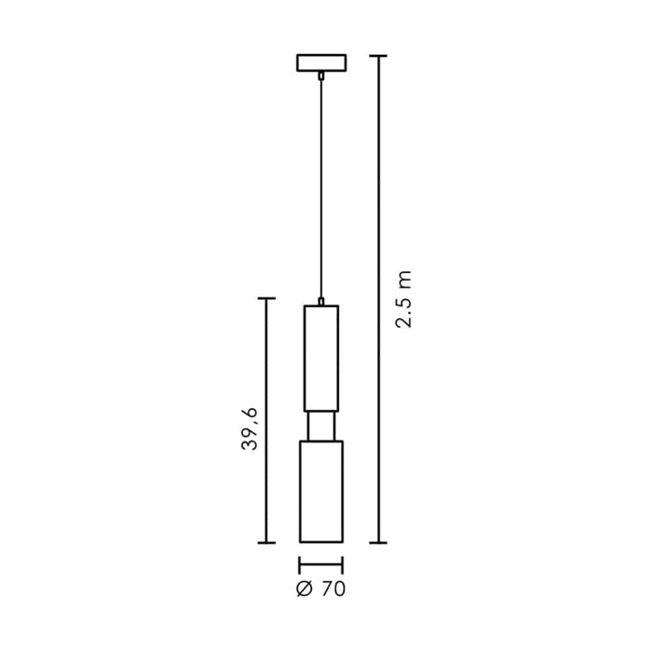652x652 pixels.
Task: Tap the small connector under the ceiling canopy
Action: [321, 75]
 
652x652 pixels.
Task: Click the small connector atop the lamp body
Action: [321, 302]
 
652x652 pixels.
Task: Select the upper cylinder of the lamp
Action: [321, 359]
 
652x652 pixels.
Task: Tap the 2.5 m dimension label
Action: [403, 299]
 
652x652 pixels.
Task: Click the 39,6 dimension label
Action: [250, 429]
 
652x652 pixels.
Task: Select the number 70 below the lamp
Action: [333, 590]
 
